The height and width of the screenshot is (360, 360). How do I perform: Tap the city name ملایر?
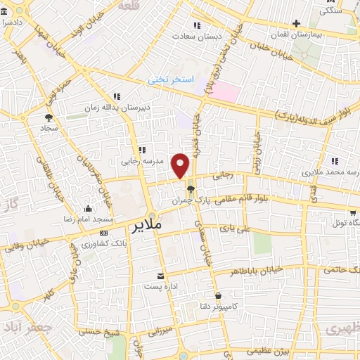147,225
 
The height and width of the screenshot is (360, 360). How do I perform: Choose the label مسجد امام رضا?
89,220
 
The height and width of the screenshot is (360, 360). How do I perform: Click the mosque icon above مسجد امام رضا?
88,208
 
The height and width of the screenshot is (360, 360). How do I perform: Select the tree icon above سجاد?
49,117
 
